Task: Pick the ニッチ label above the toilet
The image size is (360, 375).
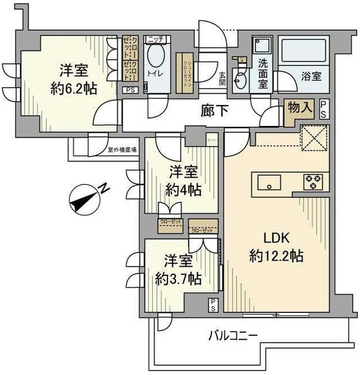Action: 155,39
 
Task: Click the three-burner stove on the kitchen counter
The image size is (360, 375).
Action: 311,182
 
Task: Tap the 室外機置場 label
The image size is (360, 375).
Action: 122,150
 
